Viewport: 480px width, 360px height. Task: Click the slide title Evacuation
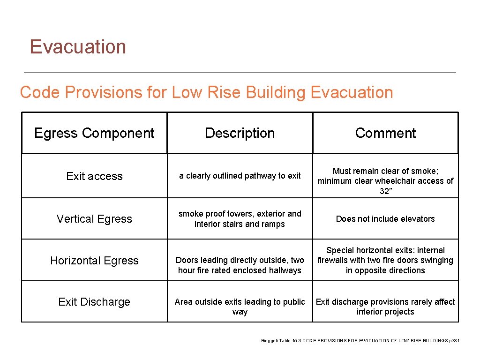click(x=78, y=47)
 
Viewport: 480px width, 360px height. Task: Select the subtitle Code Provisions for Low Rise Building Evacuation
click(x=206, y=92)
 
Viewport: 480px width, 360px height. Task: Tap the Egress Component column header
click(x=94, y=133)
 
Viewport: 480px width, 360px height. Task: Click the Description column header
click(x=240, y=133)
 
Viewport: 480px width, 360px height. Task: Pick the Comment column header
click(x=385, y=133)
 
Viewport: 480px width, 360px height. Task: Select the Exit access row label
click(x=94, y=176)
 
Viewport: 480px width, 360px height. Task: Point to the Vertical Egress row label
click(x=94, y=219)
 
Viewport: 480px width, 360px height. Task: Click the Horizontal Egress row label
click(x=94, y=261)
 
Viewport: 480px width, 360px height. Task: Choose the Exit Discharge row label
click(x=94, y=302)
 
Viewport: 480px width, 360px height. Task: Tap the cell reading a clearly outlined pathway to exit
click(x=240, y=176)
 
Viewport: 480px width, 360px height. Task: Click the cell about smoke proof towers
click(x=240, y=219)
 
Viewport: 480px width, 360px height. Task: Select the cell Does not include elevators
click(x=385, y=219)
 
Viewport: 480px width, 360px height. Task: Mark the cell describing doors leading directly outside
click(x=240, y=265)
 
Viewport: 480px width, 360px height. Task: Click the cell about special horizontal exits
click(x=385, y=260)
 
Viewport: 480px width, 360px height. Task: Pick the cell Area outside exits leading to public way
click(x=240, y=307)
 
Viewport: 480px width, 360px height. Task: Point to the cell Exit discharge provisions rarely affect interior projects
click(x=385, y=307)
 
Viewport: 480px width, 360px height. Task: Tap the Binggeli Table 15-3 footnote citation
click(x=360, y=341)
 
